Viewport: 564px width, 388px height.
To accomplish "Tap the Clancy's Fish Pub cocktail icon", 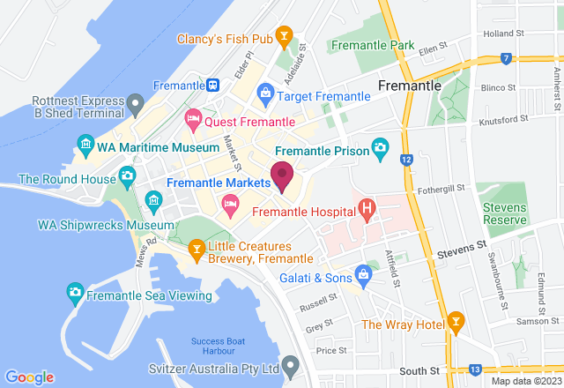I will point(285,36).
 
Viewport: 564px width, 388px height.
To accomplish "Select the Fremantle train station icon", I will point(214,86).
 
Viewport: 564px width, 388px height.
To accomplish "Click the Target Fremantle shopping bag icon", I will point(265,93).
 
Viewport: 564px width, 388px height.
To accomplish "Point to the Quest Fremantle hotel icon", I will point(192,116).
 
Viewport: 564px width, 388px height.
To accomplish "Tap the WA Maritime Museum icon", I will point(85,143).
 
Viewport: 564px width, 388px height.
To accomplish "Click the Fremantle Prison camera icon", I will point(380,145).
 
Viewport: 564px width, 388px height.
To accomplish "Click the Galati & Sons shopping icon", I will point(361,273).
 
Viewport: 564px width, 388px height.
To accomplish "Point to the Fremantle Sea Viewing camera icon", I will point(76,291).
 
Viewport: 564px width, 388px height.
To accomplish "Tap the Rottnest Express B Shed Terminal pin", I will point(135,106).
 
